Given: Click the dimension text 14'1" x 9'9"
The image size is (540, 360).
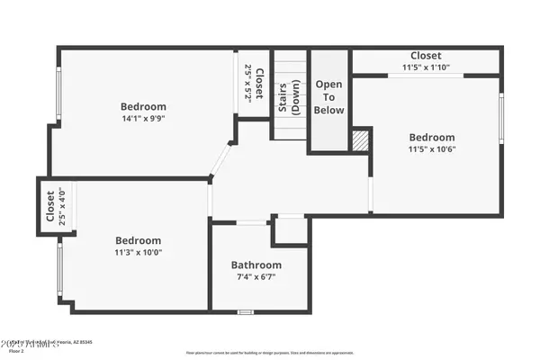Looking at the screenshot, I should [143, 118].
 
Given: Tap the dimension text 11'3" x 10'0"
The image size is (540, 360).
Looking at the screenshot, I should [139, 253].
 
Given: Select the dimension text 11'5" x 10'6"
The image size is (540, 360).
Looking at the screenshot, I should [432, 149].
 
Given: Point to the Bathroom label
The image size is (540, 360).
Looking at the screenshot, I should [256, 265].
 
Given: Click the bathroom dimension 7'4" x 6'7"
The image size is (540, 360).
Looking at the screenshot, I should [256, 278].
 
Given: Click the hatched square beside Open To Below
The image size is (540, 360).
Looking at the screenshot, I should [360, 141].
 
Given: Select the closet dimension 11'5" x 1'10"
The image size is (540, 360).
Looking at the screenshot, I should [426, 67].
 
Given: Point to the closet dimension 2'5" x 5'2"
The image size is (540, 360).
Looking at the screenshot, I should [248, 83].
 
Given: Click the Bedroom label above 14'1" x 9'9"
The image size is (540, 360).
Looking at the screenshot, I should [143, 106].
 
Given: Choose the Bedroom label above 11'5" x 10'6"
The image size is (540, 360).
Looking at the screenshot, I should [432, 137].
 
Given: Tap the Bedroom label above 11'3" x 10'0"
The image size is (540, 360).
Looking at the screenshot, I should [139, 240].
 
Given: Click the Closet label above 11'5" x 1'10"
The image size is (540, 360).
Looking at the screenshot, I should [426, 56].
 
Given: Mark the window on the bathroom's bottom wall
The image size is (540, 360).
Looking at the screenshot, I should [245, 312].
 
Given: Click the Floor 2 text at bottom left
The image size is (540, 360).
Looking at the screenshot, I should [16, 351].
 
